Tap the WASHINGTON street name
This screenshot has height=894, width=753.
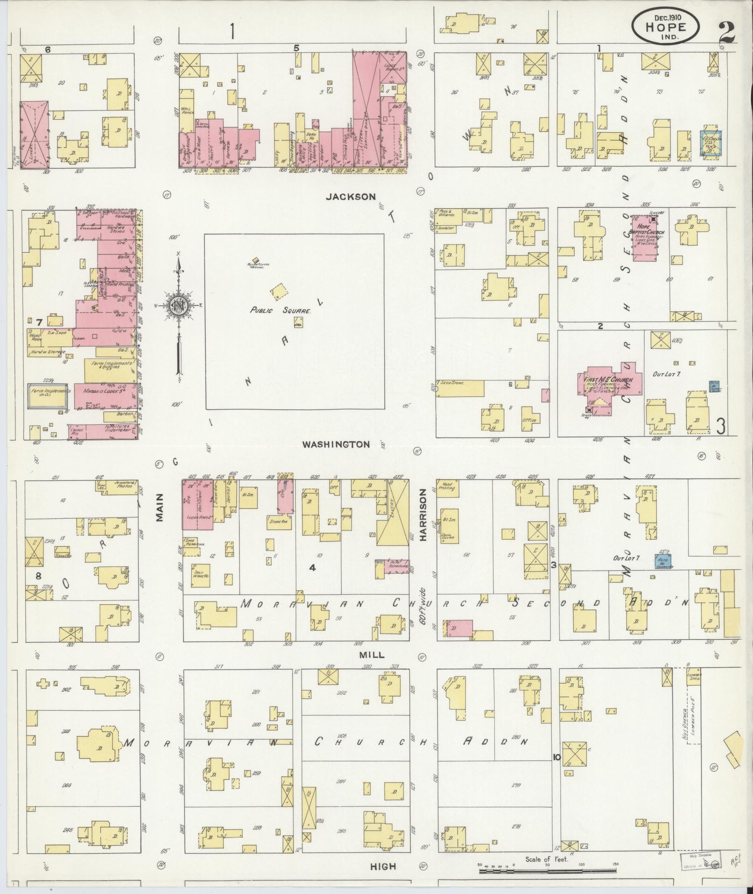pos(336,444)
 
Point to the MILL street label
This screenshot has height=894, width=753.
pos(372,655)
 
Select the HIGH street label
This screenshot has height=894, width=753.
pos(383,866)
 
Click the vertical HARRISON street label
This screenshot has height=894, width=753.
pos(423,515)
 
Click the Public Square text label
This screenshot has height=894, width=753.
pos(280,310)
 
